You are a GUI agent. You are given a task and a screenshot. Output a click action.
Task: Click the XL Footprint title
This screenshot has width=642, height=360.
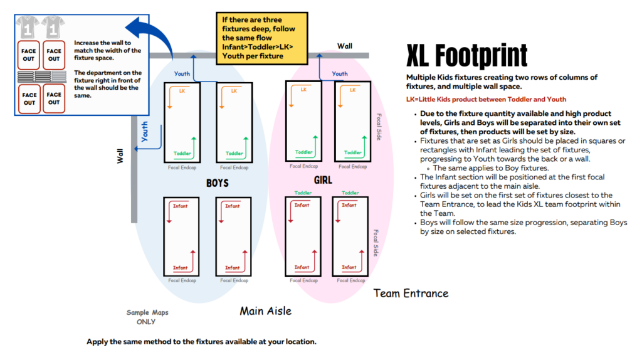pos(466,56)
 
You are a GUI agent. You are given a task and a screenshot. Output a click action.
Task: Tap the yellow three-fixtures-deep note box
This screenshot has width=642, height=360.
pos(262,38)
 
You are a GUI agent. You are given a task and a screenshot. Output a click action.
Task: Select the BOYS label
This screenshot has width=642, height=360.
pos(218,183)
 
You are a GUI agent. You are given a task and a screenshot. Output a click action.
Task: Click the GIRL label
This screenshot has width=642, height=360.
pos(323,180)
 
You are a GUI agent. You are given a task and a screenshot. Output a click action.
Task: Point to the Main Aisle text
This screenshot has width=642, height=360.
pos(266,311)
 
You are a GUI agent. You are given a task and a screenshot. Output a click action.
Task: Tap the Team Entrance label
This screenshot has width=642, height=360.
pos(411,294)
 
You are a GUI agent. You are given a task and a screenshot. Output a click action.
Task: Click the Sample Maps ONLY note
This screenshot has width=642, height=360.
pos(147,317)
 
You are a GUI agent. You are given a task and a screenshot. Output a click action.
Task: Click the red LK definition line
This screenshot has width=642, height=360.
pos(486,99)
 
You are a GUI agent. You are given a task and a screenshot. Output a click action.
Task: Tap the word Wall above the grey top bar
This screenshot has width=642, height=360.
pos(345,46)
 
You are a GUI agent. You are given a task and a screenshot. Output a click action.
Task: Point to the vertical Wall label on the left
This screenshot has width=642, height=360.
pos(120,156)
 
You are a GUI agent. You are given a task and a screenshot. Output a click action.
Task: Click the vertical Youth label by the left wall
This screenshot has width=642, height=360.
pos(145,132)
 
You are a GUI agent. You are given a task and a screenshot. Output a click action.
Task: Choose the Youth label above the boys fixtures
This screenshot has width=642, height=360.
pos(182,74)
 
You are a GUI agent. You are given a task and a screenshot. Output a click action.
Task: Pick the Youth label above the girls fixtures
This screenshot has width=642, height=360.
pos(340,74)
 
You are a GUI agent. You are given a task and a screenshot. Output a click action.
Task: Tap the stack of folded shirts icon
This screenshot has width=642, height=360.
pos(42,76)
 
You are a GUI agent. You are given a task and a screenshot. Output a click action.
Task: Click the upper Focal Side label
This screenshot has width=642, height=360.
pos(379,127)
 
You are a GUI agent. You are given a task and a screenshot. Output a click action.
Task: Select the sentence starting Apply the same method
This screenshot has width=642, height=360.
pos(201,342)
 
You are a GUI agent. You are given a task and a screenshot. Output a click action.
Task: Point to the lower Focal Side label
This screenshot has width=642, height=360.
pos(376,243)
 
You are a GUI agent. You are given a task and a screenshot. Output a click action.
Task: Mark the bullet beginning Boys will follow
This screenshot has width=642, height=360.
pos(524,227)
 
